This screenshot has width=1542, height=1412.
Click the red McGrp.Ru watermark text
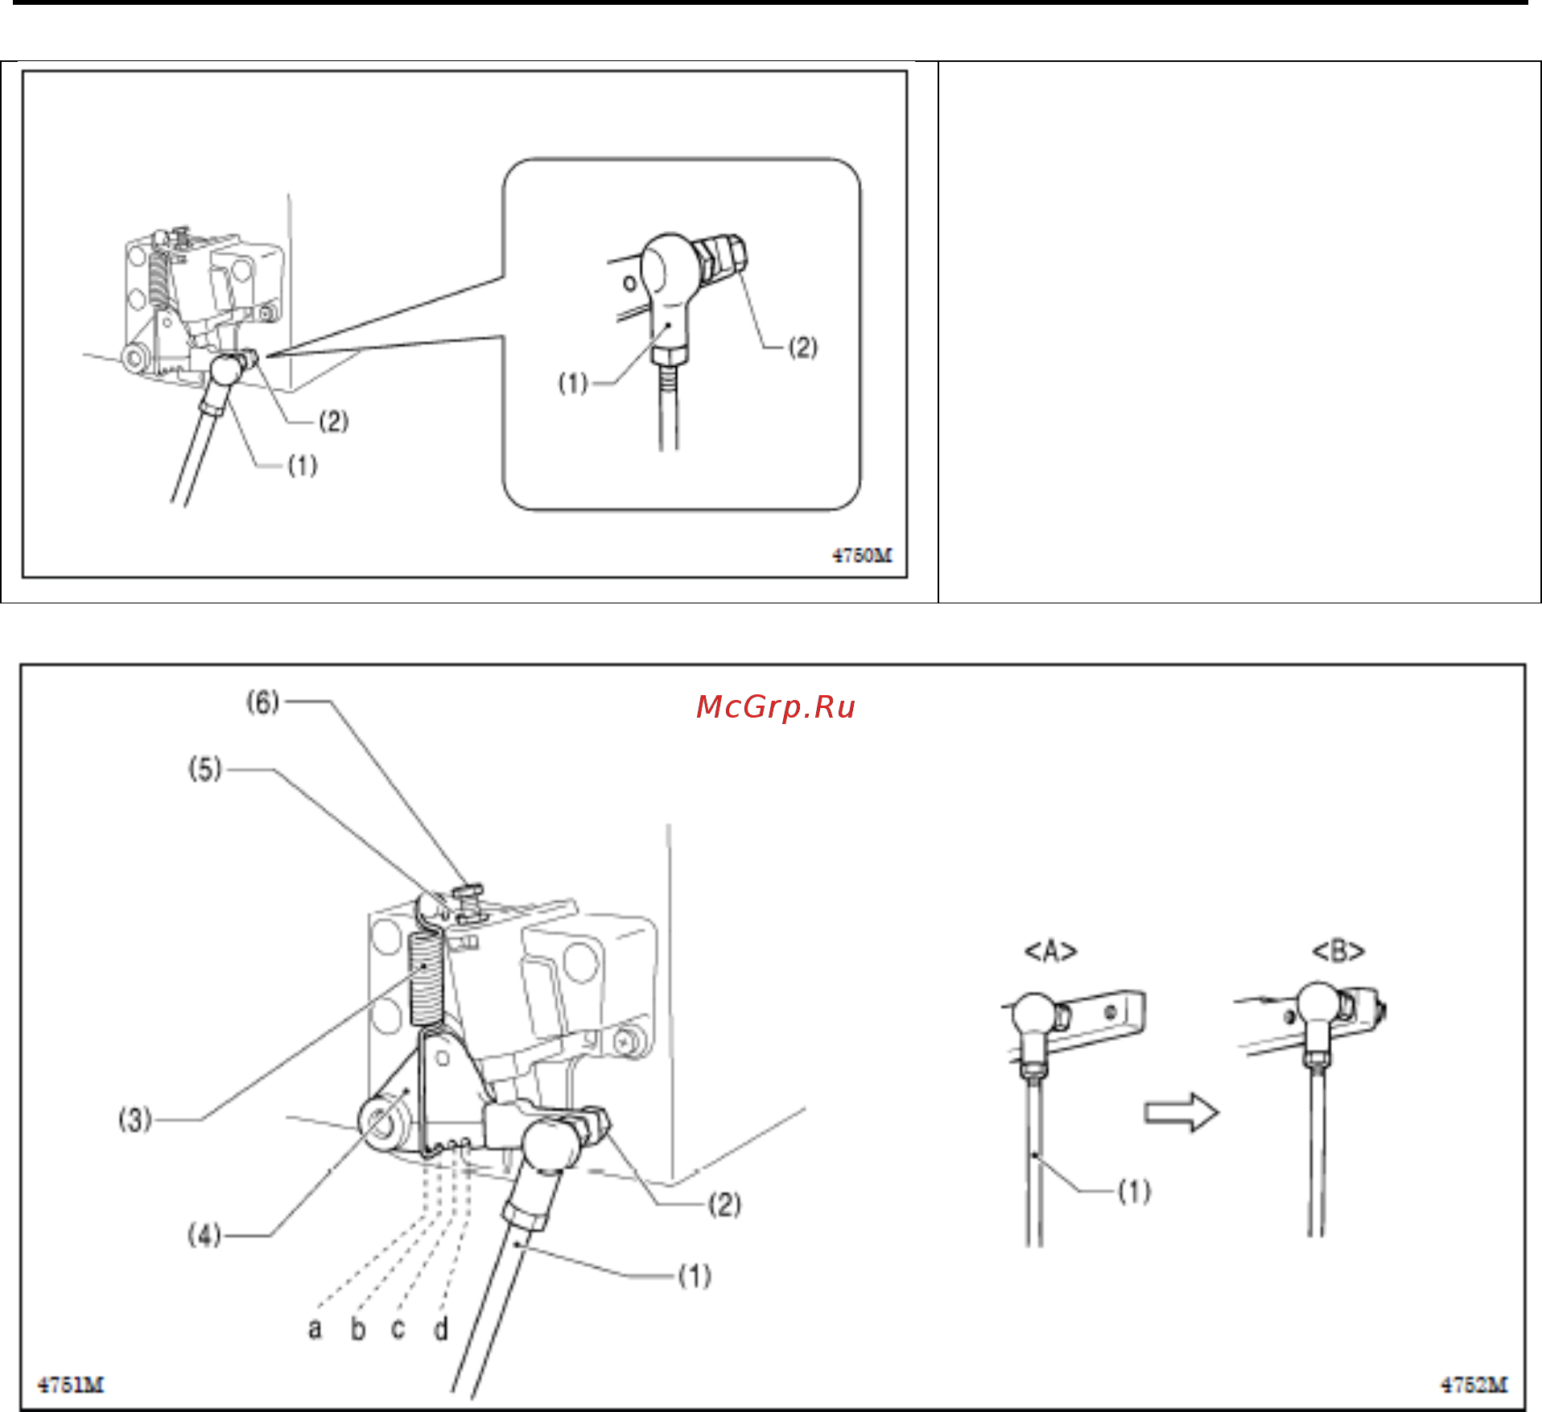tap(775, 706)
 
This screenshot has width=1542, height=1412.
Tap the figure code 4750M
tap(862, 555)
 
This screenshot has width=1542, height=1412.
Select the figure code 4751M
tap(71, 1385)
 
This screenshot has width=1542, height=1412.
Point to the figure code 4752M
tap(1474, 1385)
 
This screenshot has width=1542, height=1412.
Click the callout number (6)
tap(262, 702)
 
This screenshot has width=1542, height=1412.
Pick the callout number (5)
tap(204, 769)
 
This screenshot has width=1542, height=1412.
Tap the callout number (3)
tap(135, 1119)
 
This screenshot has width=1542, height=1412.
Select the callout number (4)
tap(204, 1234)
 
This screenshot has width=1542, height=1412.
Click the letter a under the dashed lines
tap(315, 1328)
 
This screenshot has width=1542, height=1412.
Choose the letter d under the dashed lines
tap(441, 1328)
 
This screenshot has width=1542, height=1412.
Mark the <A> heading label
tap(1050, 952)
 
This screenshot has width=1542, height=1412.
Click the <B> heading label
tap(1339, 952)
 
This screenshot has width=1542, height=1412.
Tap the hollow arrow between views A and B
tap(1181, 1113)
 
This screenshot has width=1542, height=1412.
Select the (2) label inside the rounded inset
tap(802, 348)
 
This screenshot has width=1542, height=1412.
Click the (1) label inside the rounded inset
tap(573, 383)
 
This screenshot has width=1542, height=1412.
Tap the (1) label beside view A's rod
tap(1135, 1192)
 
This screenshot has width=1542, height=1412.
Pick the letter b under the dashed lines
tap(358, 1328)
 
